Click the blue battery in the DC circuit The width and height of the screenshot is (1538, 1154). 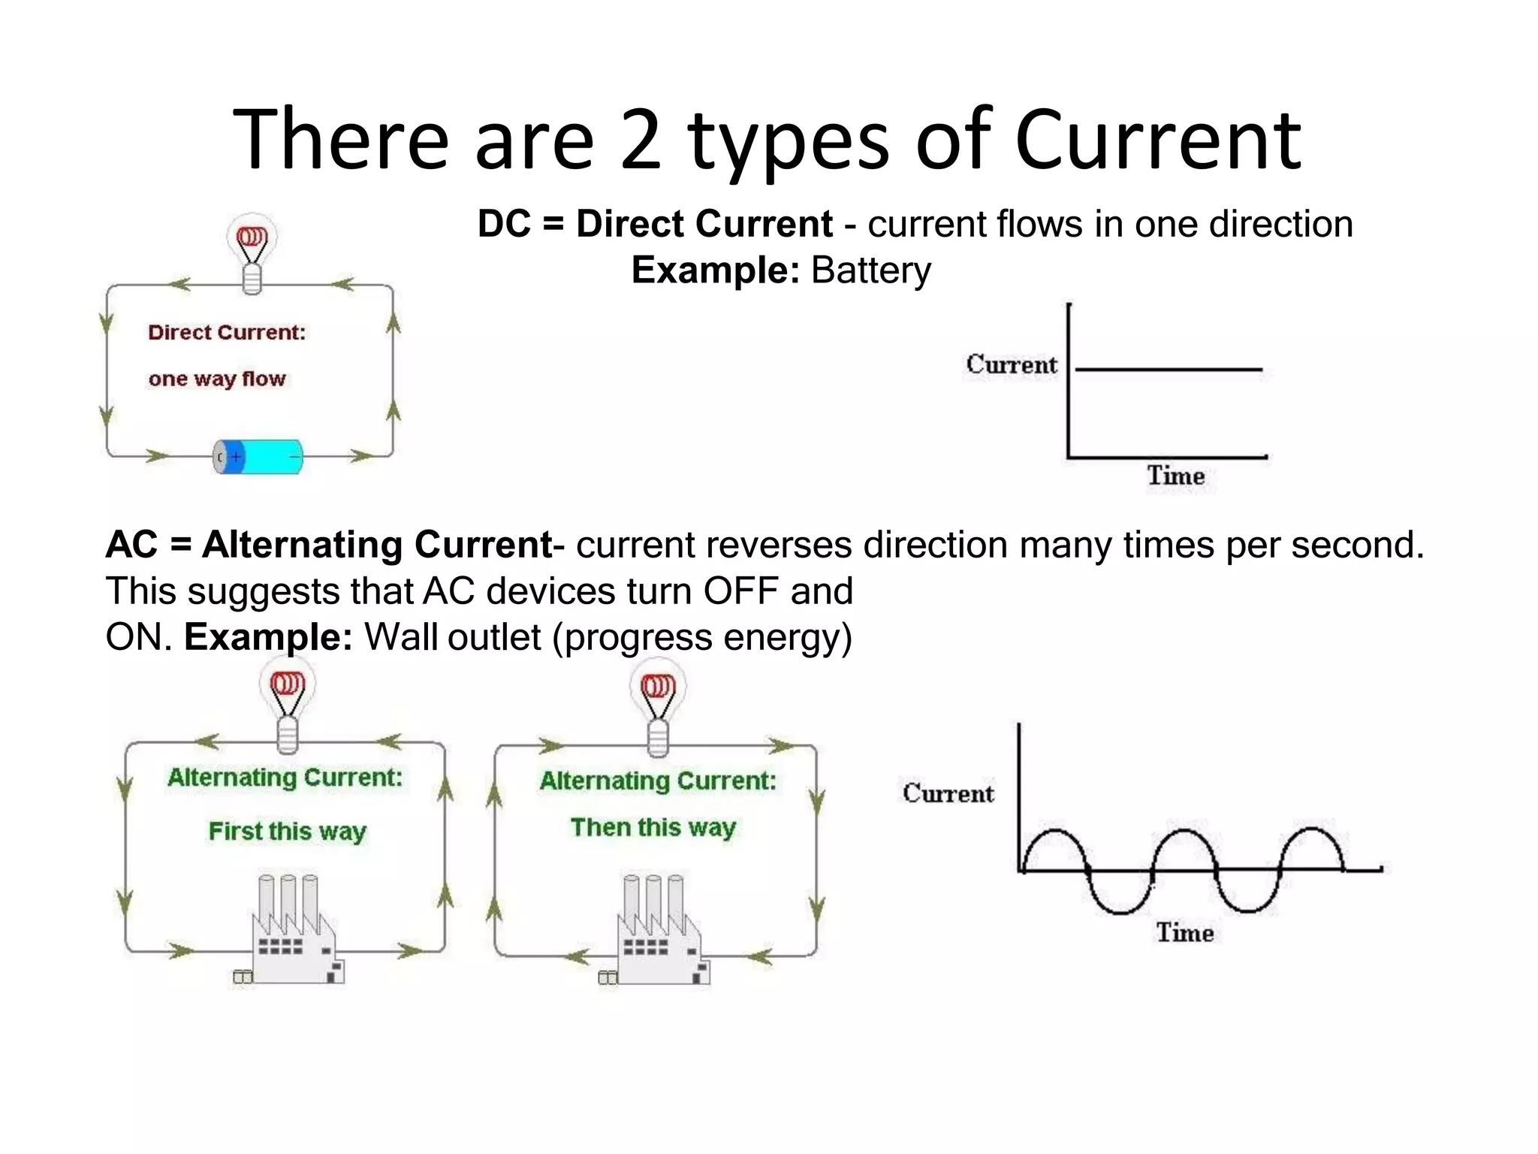click(259, 457)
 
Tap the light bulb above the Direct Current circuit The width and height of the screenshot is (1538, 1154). click(252, 252)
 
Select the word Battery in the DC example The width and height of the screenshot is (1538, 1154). click(871, 270)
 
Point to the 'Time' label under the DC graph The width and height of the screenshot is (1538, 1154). click(1175, 476)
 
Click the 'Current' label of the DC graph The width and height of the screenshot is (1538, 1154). click(1011, 364)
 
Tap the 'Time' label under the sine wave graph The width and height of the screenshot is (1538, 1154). click(1184, 933)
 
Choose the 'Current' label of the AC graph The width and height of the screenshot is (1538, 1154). click(948, 793)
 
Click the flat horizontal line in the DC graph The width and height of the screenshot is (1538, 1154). click(1169, 370)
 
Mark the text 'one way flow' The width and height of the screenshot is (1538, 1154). click(217, 379)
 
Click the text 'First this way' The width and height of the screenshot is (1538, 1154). click(287, 832)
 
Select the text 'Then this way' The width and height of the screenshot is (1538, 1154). click(653, 828)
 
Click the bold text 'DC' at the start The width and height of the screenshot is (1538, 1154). click(505, 224)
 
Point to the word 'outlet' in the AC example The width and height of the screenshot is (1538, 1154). click(494, 638)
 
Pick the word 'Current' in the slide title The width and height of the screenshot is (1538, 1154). click(1157, 140)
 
